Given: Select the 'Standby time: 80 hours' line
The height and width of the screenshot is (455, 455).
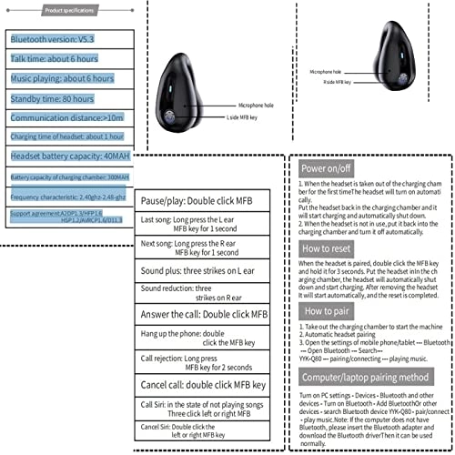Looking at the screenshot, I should click(54, 97).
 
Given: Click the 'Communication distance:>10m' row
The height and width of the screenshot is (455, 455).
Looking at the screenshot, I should click(61, 116).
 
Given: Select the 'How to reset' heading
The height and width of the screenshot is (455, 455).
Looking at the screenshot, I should click(328, 248).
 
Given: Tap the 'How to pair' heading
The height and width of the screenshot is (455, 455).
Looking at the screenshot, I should click(325, 310).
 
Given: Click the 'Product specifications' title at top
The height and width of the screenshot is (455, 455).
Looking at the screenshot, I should click(68, 8).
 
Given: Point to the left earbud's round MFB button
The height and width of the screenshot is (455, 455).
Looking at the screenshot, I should click(171, 116).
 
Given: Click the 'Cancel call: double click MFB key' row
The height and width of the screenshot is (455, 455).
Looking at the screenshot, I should click(202, 385).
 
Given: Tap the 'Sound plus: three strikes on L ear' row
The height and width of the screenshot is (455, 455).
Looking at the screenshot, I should click(202, 270).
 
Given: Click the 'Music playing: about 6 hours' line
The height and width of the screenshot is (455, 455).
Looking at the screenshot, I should click(63, 78).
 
